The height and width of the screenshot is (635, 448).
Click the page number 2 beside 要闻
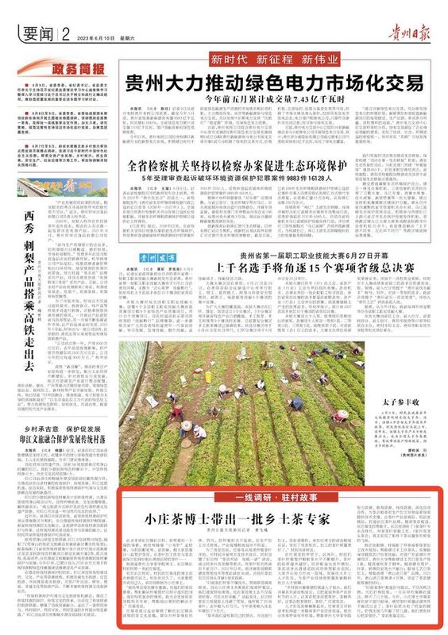[x=61, y=34]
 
